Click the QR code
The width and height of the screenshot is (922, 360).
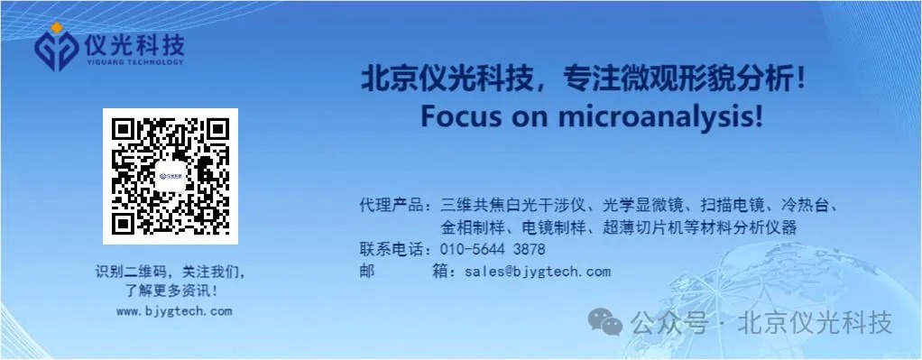pyautogui.click(x=171, y=177)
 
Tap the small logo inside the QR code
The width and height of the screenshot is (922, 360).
pyautogui.click(x=171, y=176)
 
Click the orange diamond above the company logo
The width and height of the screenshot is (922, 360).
pyautogui.click(x=57, y=28)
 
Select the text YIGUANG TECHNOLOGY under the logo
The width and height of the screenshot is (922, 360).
pyautogui.click(x=134, y=61)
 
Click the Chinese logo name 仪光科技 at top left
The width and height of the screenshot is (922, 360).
pyautogui.click(x=134, y=44)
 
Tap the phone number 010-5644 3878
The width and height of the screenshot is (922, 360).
pyautogui.click(x=493, y=249)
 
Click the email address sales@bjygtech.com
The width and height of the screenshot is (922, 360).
pyautogui.click(x=538, y=272)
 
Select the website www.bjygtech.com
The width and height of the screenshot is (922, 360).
pyautogui.click(x=174, y=312)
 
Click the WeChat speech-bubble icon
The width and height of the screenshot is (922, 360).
pyautogui.click(x=605, y=322)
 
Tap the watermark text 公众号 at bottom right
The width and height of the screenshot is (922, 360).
pyautogui.click(x=669, y=323)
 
